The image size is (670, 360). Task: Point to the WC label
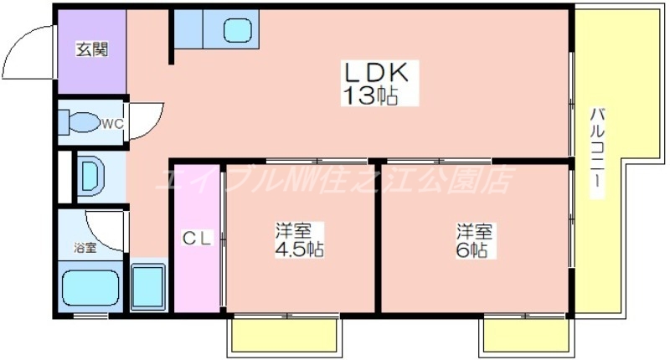click(112, 125)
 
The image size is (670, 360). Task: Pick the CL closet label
click(198, 239)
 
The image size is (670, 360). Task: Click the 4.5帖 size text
click(299, 249)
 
